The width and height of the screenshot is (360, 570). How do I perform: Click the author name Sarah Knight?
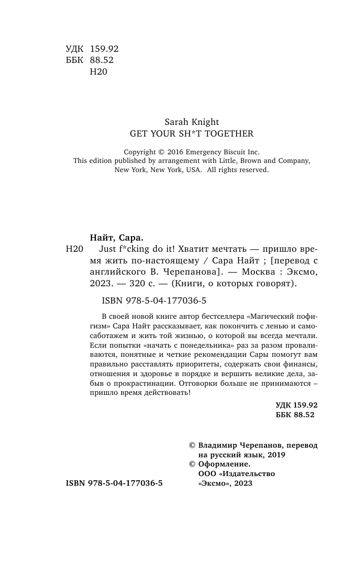pyautogui.click(x=191, y=122)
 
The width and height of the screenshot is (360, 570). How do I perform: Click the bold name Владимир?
pyautogui.click(x=218, y=445)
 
